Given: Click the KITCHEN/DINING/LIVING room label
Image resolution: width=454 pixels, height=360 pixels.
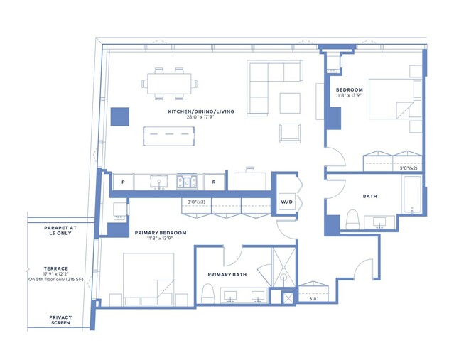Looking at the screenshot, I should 201,111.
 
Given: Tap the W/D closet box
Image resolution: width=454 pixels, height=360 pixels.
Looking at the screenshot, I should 288,201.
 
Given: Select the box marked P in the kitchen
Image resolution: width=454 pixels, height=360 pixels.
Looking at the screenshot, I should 122,182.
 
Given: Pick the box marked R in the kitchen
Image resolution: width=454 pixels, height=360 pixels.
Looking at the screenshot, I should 214,182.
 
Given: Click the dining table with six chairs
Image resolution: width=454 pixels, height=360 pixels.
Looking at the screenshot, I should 170,83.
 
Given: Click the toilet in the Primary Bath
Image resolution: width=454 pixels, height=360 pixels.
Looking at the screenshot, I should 208,293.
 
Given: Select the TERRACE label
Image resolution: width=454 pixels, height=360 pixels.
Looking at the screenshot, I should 55,269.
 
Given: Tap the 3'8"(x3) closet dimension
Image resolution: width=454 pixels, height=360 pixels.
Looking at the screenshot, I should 196,202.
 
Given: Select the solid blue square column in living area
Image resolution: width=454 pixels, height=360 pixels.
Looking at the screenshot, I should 119,117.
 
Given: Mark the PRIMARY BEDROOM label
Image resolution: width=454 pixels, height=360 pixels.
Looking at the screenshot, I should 160,232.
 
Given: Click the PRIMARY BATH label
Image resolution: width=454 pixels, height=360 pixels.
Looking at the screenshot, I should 227,274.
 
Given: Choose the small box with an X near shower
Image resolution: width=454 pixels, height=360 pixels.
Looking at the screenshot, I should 288,299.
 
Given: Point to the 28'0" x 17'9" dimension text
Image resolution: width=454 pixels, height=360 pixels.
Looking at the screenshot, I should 201,119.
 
